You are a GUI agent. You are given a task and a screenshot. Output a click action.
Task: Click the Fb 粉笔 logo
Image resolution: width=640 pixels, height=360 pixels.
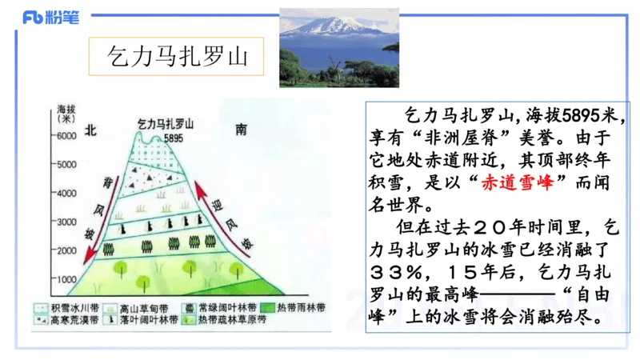50,18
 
